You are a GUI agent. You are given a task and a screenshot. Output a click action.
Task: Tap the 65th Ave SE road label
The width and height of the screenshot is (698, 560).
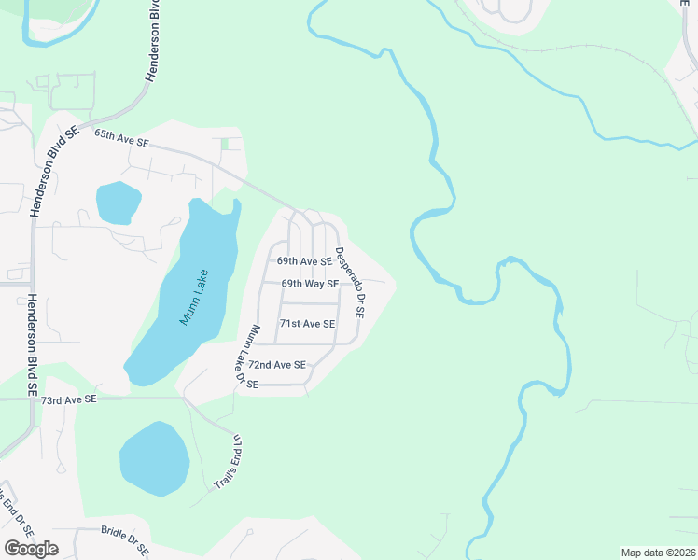(x=121, y=139)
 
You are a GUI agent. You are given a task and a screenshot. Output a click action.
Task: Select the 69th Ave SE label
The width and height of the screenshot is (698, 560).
(x=304, y=262)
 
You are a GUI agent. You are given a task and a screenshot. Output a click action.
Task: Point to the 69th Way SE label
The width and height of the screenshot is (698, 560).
(x=310, y=284)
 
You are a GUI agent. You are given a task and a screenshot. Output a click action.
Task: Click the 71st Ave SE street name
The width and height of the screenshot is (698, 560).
(x=307, y=324)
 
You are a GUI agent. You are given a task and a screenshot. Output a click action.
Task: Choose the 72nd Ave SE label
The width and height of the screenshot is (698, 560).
(x=277, y=365)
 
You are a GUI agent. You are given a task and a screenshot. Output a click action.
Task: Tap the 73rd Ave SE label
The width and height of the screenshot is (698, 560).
(x=69, y=399)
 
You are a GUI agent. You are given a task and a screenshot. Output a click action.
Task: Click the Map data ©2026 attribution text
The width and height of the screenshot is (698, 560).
(x=658, y=553)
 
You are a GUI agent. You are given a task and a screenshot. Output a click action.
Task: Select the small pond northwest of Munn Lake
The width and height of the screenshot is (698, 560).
(x=118, y=202)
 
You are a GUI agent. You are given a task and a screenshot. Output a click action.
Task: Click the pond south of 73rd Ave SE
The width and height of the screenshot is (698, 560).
(x=154, y=458)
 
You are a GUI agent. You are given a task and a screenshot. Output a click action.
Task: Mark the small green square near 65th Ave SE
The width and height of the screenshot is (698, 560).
(x=224, y=144)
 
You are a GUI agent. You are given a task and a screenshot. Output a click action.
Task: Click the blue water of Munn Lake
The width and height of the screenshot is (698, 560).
(x=177, y=317)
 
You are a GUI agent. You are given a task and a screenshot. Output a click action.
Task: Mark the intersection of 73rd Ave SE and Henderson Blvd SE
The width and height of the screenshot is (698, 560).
(x=34, y=399)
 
